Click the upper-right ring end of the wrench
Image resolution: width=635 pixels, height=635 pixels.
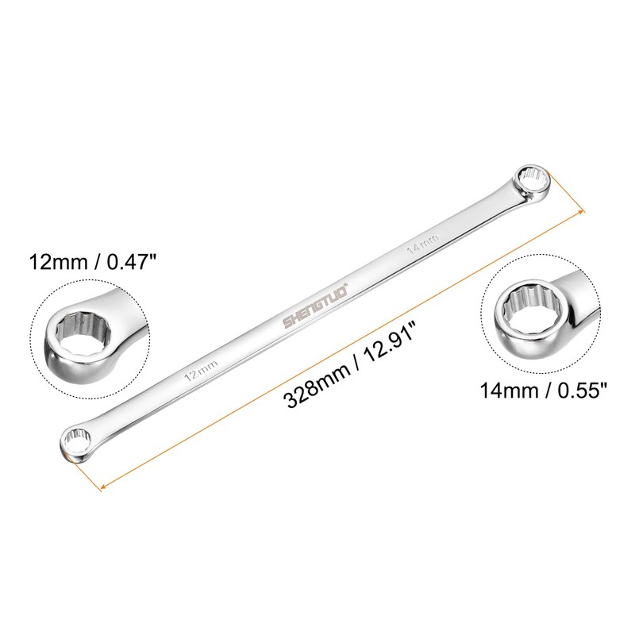point(526,181)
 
